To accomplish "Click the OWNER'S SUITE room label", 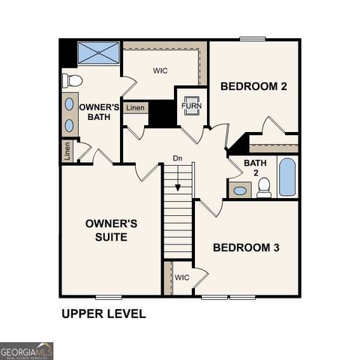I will click(111, 230).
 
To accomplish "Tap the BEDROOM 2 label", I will click(253, 87).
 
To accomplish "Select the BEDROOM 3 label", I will click(246, 247).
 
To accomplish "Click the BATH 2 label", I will click(255, 169).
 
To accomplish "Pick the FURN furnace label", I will click(188, 106).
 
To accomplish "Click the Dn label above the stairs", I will click(178, 158).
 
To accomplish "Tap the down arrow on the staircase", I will click(178, 180).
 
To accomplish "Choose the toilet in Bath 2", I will click(264, 187).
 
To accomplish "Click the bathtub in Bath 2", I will click(287, 177).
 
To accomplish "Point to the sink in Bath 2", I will click(239, 190).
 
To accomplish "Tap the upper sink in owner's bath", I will click(70, 103).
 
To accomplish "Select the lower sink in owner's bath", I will click(70, 124).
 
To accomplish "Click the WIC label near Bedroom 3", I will click(181, 277).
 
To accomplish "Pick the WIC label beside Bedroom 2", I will click(160, 71).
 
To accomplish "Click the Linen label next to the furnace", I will click(136, 109).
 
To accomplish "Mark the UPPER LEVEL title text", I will click(103, 313).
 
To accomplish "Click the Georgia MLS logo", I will click(27, 351).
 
